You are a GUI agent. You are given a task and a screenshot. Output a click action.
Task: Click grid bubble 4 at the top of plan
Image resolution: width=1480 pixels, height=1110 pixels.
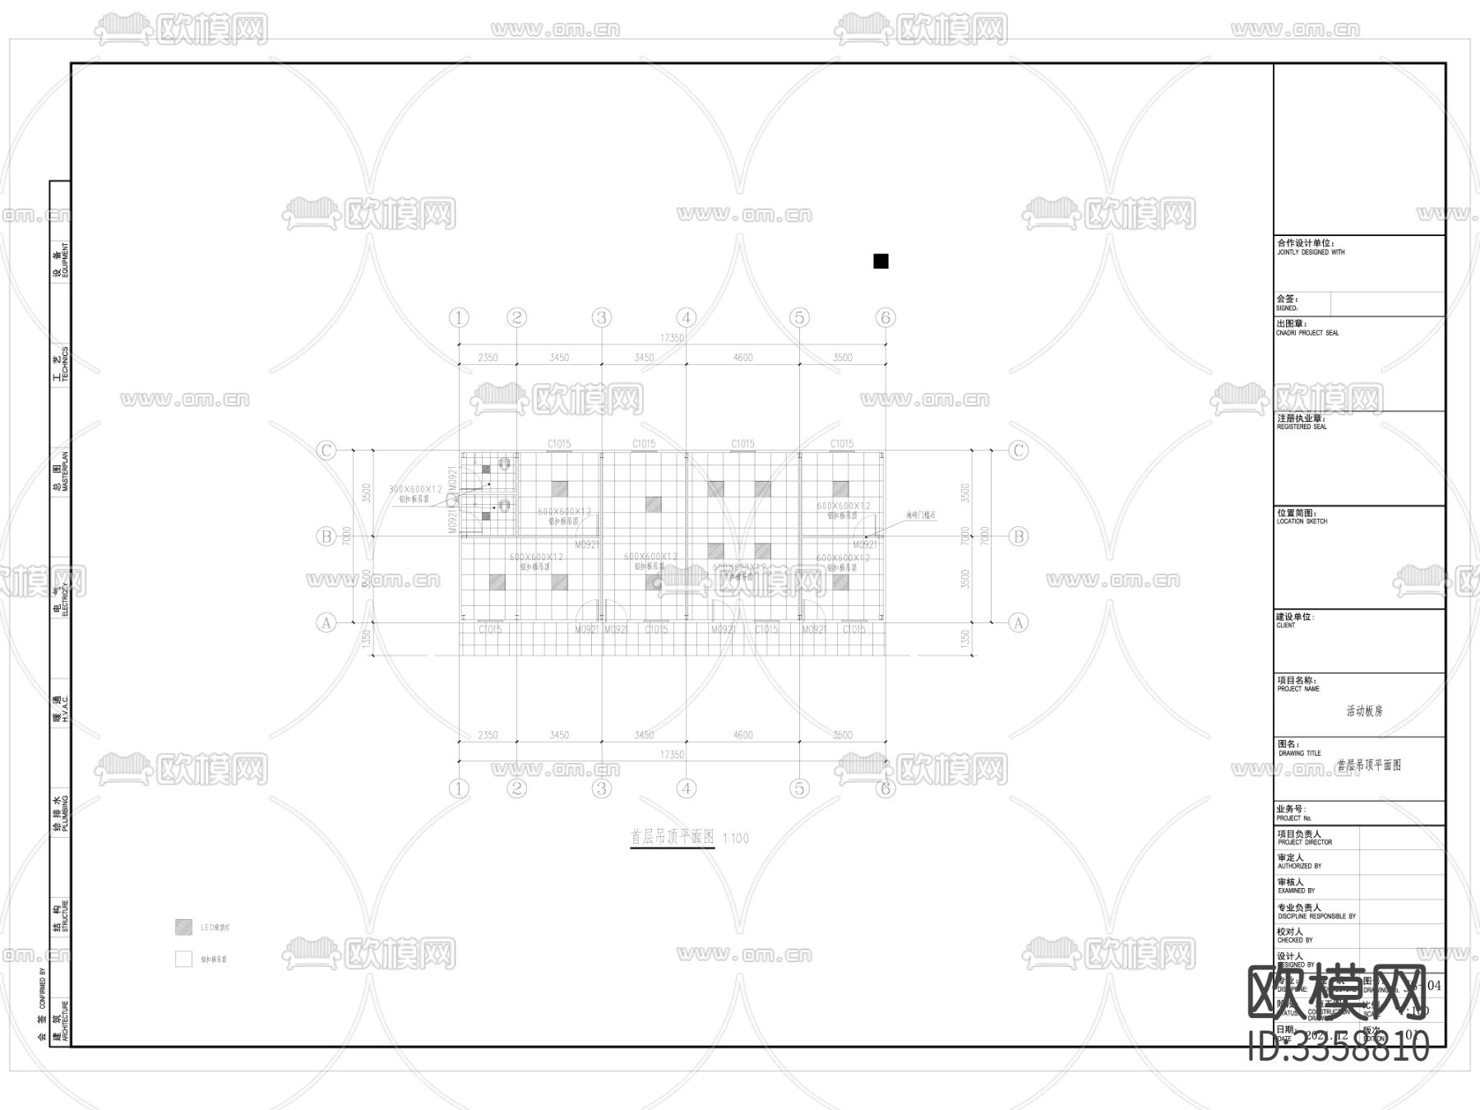[686, 317]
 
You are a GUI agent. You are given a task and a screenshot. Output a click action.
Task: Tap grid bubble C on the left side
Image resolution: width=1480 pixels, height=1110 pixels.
[326, 451]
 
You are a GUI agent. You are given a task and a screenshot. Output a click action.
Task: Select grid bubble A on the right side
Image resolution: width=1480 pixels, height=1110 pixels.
[1018, 622]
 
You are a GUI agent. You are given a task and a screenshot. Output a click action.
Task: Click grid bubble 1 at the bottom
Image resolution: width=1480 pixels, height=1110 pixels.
[458, 789]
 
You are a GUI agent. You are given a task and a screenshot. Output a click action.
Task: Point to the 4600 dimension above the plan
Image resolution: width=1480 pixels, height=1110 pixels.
[742, 358]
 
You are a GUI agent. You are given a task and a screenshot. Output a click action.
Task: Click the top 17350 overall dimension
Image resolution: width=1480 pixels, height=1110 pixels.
[672, 338]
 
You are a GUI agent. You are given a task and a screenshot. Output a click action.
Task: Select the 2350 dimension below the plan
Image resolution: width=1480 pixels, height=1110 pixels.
[488, 735]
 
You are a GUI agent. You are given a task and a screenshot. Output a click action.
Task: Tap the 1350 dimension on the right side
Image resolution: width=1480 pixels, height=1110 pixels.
[965, 639]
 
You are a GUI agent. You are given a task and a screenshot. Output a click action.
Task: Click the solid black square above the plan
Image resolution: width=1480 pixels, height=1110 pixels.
[881, 261]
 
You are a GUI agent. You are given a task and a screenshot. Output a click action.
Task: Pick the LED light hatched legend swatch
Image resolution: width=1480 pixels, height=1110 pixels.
[183, 927]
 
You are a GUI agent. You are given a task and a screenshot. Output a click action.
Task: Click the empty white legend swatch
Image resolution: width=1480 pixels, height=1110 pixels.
[183, 959]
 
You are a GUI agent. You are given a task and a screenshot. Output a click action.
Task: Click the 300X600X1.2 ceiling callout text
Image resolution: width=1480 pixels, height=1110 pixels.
[415, 489]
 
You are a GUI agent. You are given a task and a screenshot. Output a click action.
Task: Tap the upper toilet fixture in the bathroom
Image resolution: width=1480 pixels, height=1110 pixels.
[505, 465]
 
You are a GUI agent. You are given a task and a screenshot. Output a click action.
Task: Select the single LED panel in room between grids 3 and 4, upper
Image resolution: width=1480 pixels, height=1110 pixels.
[653, 504]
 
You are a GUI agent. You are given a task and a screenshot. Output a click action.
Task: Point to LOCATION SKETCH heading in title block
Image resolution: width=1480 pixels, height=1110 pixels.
[1302, 521]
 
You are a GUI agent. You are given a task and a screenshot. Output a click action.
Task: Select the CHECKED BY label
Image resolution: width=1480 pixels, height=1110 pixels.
[1294, 940]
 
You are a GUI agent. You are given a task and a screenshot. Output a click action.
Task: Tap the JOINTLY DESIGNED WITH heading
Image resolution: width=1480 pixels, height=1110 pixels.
[1311, 252]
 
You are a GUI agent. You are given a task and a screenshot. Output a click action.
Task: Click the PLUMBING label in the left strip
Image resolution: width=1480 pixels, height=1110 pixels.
[65, 814]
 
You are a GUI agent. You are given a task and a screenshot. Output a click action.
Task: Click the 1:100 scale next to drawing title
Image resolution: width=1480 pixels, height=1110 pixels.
[736, 839]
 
